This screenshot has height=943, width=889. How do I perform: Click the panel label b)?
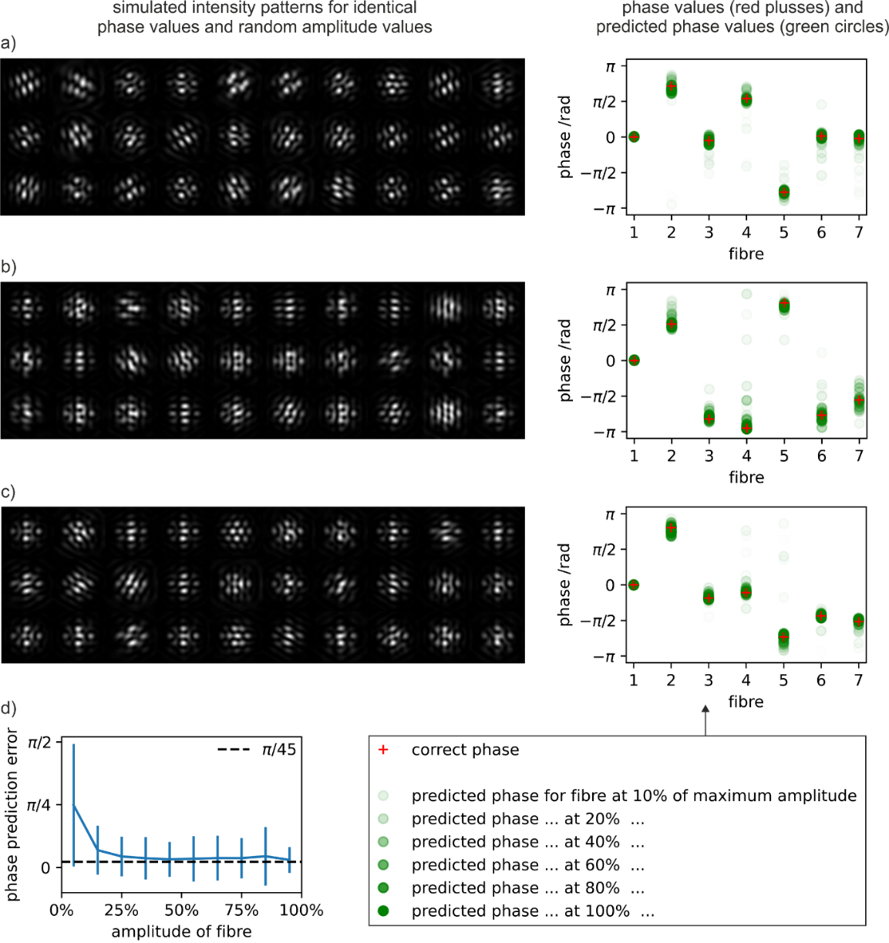(8, 268)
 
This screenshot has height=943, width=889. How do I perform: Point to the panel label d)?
(8, 709)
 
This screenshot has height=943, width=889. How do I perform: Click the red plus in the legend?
(383, 750)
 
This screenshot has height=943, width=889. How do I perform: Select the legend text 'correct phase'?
(465, 750)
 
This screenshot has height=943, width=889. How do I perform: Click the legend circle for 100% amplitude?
(383, 911)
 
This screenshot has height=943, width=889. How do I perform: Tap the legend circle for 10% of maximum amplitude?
(383, 796)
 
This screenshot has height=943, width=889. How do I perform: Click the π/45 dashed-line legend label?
(278, 749)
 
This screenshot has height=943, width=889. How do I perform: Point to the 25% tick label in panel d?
(121, 911)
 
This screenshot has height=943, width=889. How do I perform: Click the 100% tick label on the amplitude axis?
(301, 911)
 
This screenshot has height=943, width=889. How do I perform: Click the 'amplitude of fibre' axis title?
(181, 931)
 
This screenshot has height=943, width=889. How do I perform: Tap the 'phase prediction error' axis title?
(12, 814)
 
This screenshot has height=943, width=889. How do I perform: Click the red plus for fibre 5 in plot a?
(784, 192)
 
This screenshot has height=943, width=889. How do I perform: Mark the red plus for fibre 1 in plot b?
(634, 360)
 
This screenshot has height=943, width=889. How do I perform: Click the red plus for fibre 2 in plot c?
(672, 528)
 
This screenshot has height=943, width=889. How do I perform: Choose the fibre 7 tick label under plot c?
(859, 680)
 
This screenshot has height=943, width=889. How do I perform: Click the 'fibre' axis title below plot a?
(746, 254)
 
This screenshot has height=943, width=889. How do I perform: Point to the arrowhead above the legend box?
(705, 710)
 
